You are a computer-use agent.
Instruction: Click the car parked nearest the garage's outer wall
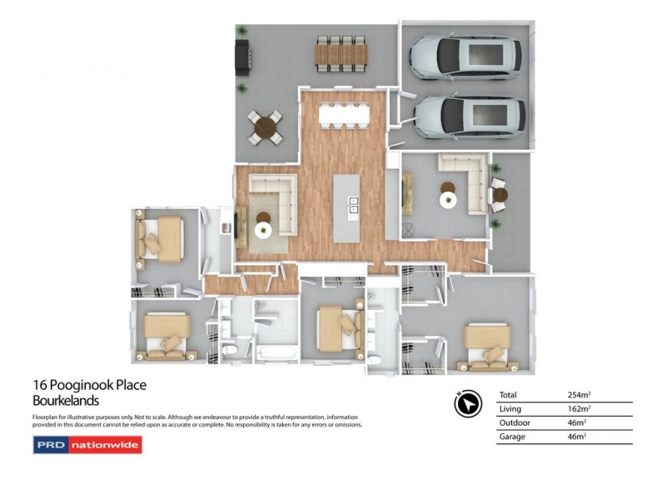[x=466, y=56]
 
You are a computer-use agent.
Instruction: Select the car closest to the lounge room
[x=468, y=116]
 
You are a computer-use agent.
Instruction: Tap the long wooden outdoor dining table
[x=340, y=55]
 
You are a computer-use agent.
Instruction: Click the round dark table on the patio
[x=266, y=127]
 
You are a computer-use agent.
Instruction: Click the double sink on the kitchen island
[x=353, y=205]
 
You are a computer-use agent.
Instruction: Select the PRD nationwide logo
[x=87, y=445]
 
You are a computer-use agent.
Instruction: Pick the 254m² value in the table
[x=579, y=395]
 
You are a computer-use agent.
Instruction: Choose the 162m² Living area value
[x=579, y=409]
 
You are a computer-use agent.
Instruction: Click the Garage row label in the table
[x=511, y=437]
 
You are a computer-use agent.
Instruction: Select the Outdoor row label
[x=514, y=422]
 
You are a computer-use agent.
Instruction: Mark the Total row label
[x=509, y=395]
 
